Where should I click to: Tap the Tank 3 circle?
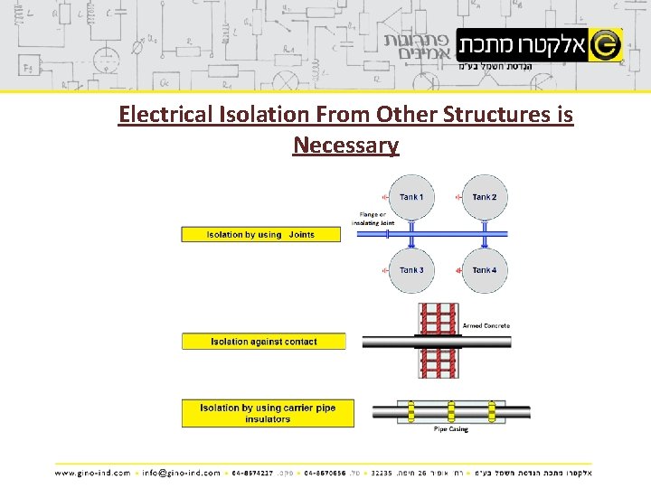(410, 270)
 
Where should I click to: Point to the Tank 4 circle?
(484, 270)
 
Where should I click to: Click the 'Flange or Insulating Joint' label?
(373, 219)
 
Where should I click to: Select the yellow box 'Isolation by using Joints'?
(261, 234)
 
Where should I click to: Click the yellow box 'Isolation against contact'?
(263, 342)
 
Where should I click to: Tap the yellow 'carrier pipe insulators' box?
(268, 413)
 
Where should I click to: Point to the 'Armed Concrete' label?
(486, 325)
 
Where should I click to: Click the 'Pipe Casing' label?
(451, 429)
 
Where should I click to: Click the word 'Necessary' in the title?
(345, 145)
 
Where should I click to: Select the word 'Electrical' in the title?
(168, 116)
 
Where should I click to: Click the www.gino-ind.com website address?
(92, 472)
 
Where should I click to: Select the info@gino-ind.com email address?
(181, 472)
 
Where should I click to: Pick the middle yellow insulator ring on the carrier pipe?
(451, 412)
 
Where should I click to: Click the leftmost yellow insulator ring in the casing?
(411, 412)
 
